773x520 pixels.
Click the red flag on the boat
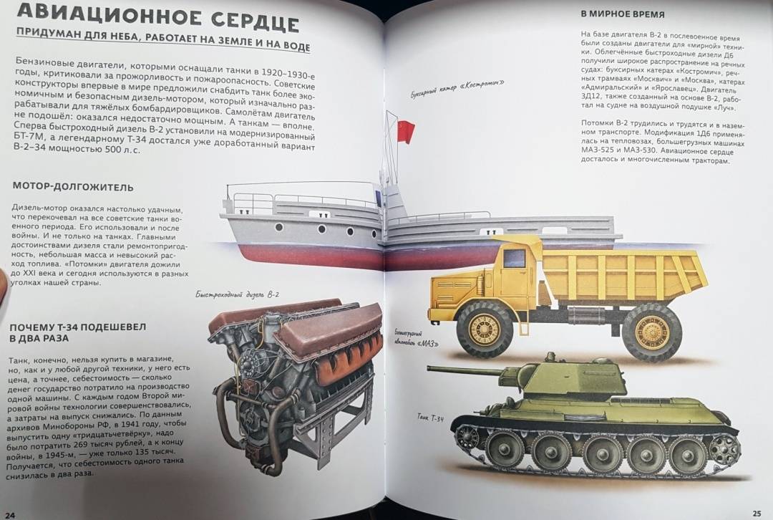tap(406, 132)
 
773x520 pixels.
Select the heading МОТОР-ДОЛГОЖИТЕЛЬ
tap(73, 187)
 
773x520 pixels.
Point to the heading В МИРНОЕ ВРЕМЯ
tap(623, 14)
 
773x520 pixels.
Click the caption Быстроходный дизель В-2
tap(237, 294)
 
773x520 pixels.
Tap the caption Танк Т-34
tap(430, 418)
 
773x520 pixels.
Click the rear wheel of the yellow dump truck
tap(652, 332)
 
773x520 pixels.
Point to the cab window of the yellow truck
tap(514, 259)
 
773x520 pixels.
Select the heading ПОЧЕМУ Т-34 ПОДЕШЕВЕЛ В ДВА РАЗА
tap(77, 333)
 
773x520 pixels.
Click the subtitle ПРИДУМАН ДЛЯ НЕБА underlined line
tap(162, 39)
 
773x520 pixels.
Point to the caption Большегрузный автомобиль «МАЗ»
tap(416, 338)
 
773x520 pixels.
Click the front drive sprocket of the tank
tap(467, 437)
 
